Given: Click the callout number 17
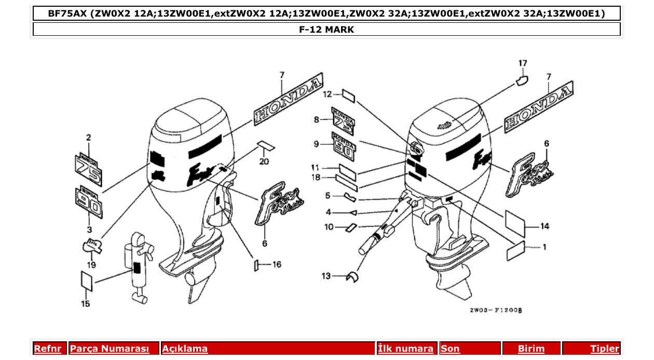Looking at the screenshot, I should point(523,63).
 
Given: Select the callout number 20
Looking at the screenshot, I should point(265,161).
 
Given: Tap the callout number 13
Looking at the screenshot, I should point(325,276).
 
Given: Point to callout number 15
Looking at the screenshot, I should point(86,303).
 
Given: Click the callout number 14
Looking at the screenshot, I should point(544,227).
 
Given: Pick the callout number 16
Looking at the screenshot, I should point(277,265).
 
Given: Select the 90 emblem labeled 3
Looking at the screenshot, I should point(89,203).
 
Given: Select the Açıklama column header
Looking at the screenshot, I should point(185,349).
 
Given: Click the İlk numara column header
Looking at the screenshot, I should point(405,349).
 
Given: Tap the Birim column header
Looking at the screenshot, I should point(532,349).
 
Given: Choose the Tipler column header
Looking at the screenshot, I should point(605,349).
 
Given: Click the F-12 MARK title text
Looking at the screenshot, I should point(326,30).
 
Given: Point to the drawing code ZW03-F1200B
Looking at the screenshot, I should point(495,310).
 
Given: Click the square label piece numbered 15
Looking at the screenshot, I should point(87,281).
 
